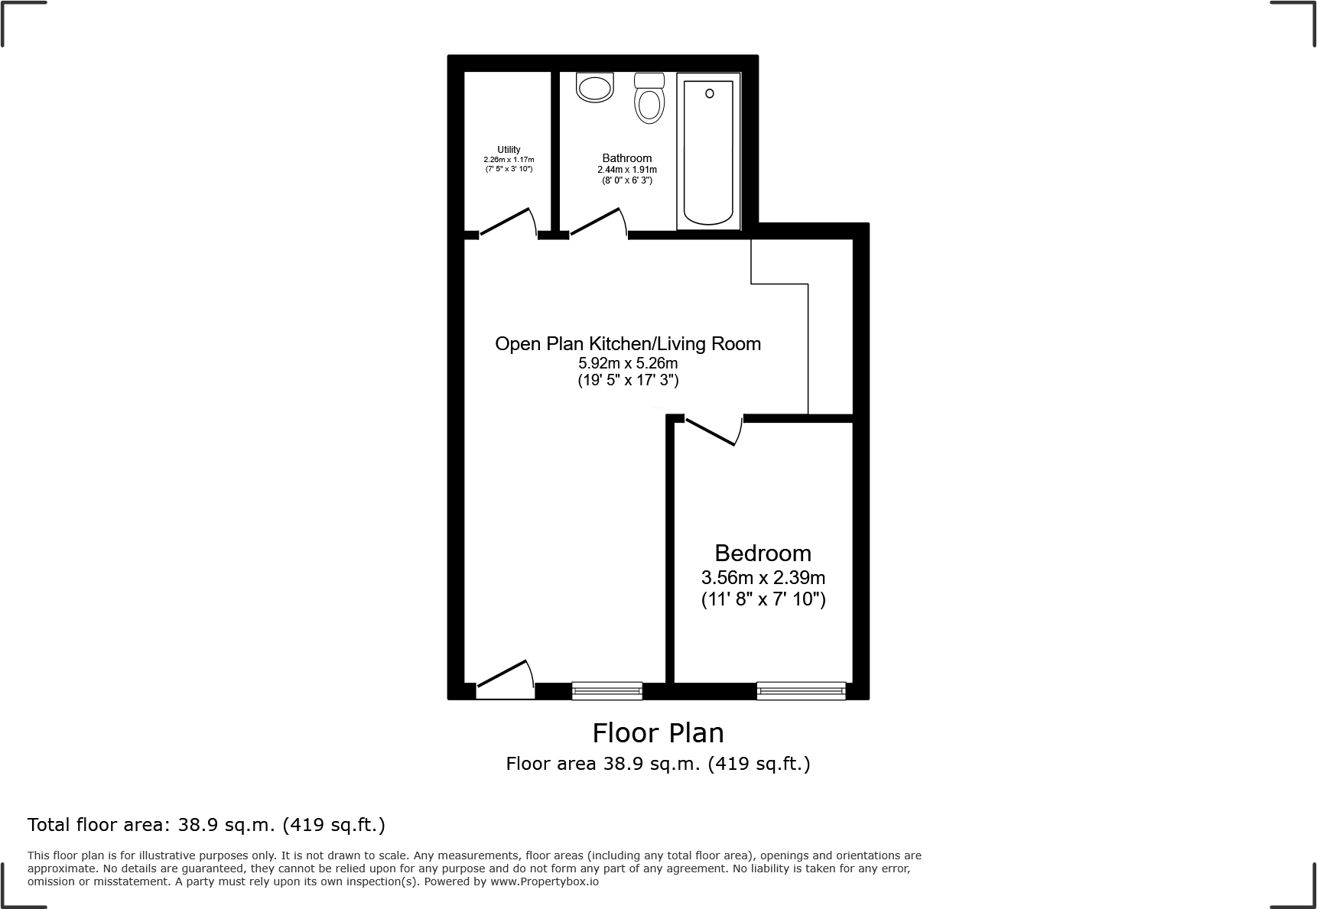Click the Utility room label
point(509,150)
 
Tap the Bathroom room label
point(626,158)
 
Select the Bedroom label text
point(763,553)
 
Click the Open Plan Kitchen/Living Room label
point(627,344)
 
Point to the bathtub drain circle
point(709,93)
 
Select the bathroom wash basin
point(595,88)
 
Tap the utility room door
point(506,222)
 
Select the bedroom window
point(801,691)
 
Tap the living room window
point(606,691)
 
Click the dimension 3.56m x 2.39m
point(763,578)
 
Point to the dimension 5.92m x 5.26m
point(627,364)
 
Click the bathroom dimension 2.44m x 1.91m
point(626,170)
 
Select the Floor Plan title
point(658,733)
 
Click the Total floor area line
point(206,825)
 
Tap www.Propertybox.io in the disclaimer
point(544,881)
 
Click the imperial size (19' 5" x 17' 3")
point(627,380)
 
